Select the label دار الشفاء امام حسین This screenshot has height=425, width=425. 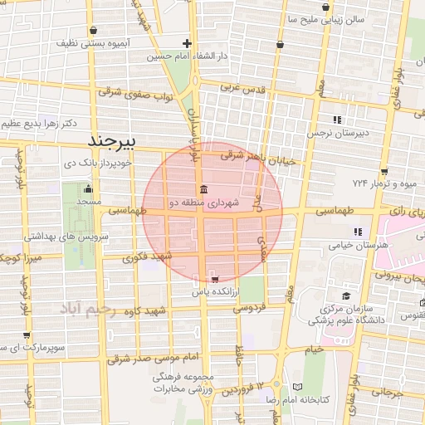[x=188, y=56]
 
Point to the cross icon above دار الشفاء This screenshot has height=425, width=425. [x=188, y=43]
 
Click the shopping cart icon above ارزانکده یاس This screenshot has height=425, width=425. [x=215, y=279]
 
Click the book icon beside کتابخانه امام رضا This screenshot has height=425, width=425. [x=298, y=387]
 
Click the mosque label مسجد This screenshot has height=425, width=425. [x=88, y=202]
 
